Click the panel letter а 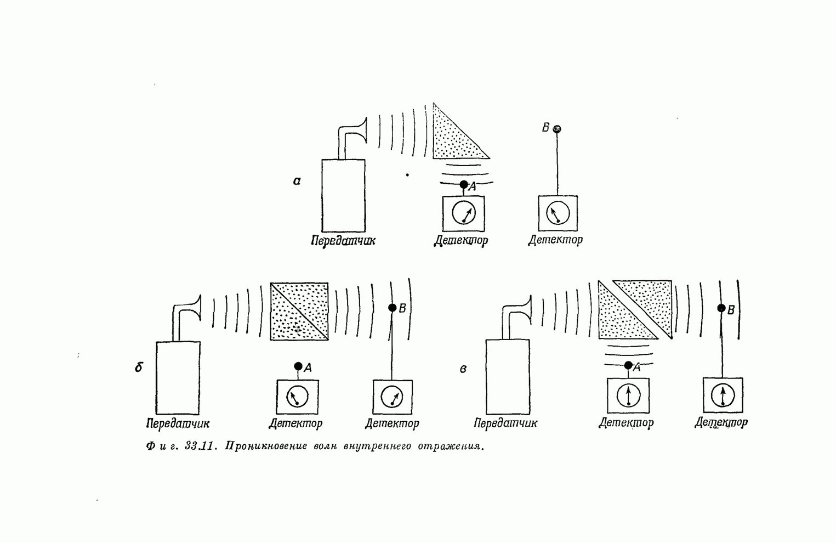click(x=297, y=181)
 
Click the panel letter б click(x=139, y=367)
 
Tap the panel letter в click(x=463, y=369)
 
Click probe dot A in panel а click(x=464, y=184)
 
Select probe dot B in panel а click(x=557, y=129)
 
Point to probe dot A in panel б click(x=298, y=366)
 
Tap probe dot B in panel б click(x=393, y=308)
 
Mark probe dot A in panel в click(x=628, y=365)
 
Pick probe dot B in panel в click(x=722, y=308)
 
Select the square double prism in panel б click(x=299, y=312)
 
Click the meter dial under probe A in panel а click(x=464, y=214)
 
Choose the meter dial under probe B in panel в click(x=723, y=395)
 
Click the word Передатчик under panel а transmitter click(x=343, y=241)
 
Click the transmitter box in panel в click(x=508, y=376)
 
